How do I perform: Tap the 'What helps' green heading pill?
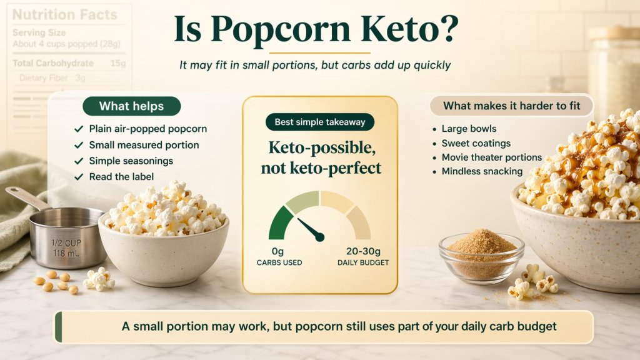[x=131, y=106]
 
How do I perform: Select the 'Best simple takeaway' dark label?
[x=320, y=122]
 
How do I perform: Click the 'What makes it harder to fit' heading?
[x=511, y=106]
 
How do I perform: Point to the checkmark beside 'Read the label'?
[x=78, y=177]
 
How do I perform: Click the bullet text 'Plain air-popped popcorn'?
[x=147, y=129]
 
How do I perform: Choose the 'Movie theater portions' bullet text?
[x=492, y=157]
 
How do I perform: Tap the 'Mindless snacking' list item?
[x=482, y=171]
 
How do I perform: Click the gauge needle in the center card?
[x=310, y=228]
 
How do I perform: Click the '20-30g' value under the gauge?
[x=362, y=251]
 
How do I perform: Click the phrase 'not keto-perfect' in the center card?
[x=320, y=168]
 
